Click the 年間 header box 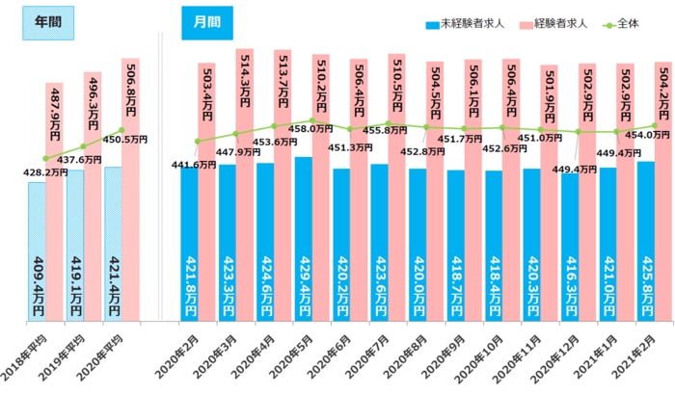pyautogui.click(x=48, y=24)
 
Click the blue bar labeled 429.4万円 pyautogui.click(x=303, y=241)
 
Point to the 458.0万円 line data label pyautogui.click(x=312, y=128)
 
